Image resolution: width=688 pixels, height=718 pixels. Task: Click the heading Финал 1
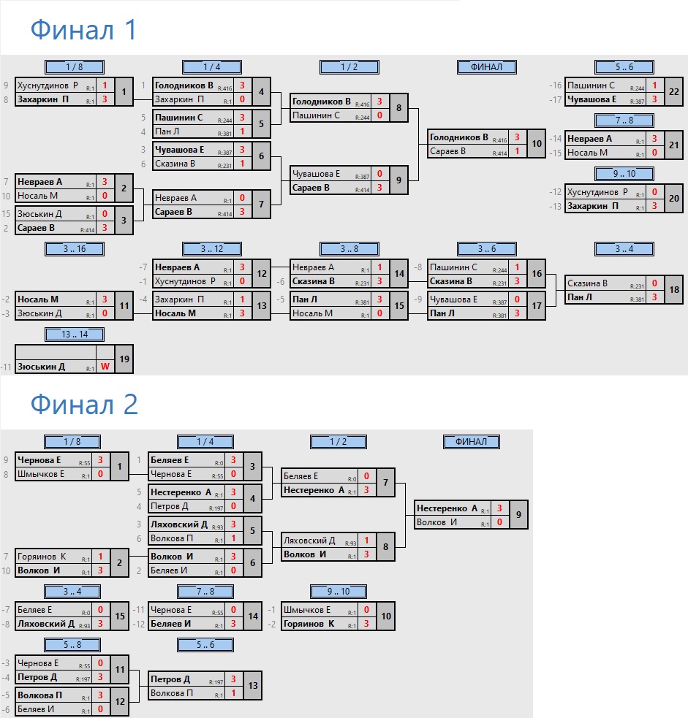tap(83, 30)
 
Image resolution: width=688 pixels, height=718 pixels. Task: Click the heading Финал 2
tap(84, 404)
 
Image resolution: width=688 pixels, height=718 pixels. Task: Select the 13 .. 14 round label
tap(74, 335)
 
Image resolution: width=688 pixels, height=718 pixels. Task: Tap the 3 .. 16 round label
tap(74, 249)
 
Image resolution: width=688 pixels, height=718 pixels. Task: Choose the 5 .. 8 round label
tap(74, 644)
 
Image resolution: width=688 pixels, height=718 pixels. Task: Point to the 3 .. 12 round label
tap(212, 249)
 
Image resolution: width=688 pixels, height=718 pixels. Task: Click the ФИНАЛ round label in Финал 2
tap(472, 442)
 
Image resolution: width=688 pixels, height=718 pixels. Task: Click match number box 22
tap(673, 92)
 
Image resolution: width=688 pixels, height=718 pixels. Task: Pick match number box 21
tap(673, 145)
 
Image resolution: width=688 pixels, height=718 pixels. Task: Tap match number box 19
tap(124, 359)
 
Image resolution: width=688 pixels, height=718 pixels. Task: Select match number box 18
tap(673, 289)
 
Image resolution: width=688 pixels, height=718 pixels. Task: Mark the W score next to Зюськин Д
tap(105, 367)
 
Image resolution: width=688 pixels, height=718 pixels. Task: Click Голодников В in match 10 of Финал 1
tap(459, 137)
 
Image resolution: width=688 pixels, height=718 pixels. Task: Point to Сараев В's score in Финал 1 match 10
tap(517, 152)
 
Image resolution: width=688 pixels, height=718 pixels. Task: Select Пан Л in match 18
tap(578, 297)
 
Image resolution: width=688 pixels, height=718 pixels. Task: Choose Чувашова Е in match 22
tap(592, 100)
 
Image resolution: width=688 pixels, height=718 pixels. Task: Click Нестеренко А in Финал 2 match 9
tap(448, 508)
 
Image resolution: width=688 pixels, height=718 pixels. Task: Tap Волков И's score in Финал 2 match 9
tap(499, 522)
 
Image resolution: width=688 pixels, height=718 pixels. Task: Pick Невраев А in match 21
tap(590, 138)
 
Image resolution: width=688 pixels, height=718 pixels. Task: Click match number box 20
tap(673, 199)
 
